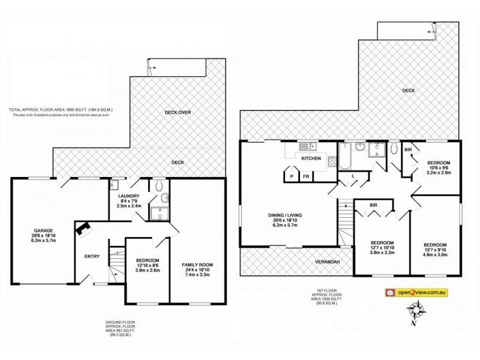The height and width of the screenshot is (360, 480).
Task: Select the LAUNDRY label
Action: pos(128,196)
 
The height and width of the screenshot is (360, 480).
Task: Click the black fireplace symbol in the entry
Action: pos(82,229)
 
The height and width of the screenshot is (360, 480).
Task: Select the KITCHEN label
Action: pos(311,158)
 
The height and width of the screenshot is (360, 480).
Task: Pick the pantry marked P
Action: pos(292,176)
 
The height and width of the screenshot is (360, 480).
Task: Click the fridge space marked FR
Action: pos(306,176)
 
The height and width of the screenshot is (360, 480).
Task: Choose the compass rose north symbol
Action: pos(415,312)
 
